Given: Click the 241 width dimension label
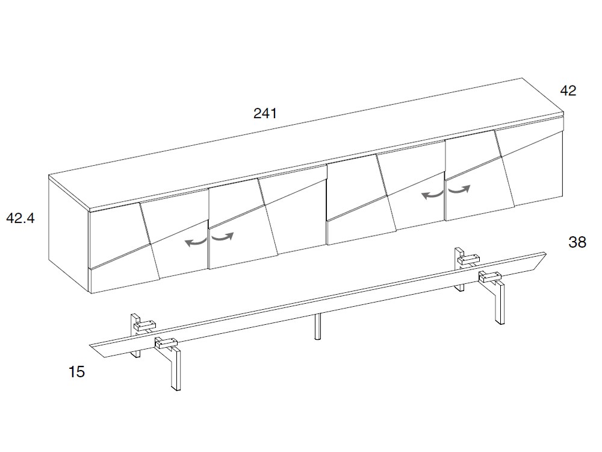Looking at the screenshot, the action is coord(265,113).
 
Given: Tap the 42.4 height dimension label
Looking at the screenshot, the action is coord(20,218).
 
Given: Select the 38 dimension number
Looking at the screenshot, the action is coord(577,242).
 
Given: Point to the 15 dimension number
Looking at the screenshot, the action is coord(76,372).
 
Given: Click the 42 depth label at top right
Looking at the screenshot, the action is coord(568,91).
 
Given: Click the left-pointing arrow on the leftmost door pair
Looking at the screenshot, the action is coord(196,242).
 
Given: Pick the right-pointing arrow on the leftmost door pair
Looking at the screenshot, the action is coord(223,237).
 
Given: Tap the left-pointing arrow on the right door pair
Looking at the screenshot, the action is coord(432,195).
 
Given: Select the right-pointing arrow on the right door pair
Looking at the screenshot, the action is coord(459,189).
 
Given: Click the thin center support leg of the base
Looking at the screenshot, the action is coord(317,327).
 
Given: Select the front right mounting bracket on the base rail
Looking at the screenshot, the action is coord(490,275).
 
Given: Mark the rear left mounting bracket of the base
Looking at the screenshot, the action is coord(144,325).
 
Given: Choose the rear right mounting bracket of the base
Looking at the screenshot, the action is coord(468,259).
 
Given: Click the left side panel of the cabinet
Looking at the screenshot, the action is coord(69,234).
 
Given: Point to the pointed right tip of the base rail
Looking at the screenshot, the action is coord(545,254).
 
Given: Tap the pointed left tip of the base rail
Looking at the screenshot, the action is coord(91,345).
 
